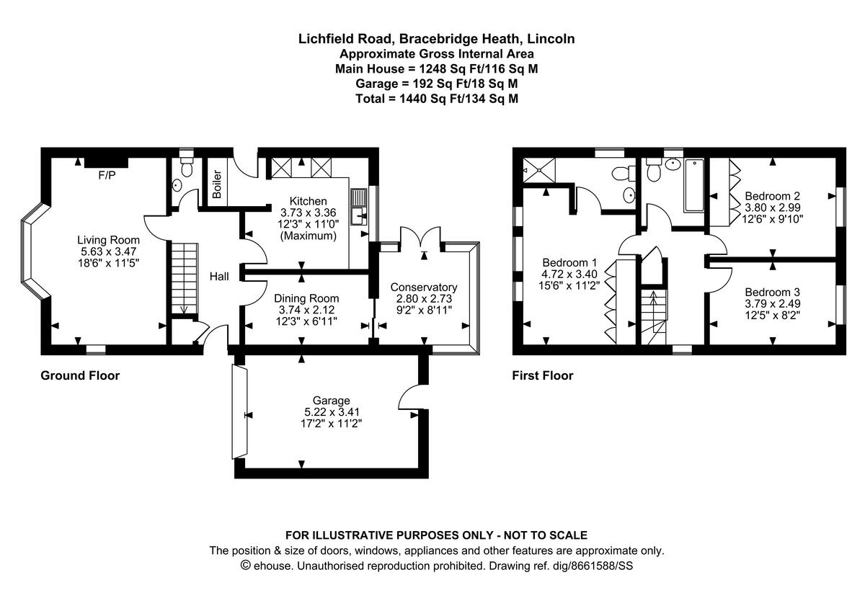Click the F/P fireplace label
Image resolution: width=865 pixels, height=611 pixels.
(x=106, y=174)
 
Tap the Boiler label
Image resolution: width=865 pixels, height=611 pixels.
(x=216, y=184)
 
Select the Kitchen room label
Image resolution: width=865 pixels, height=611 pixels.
(x=308, y=201)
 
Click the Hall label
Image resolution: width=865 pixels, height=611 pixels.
(x=219, y=276)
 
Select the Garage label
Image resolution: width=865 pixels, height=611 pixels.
(x=331, y=401)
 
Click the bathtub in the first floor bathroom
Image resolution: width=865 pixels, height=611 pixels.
(x=693, y=185)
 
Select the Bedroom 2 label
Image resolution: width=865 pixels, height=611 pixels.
(x=772, y=195)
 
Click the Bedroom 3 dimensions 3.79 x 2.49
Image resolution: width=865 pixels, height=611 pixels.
(x=772, y=303)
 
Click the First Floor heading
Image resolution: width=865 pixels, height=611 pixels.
(x=542, y=375)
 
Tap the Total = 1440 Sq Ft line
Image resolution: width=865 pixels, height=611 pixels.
(x=437, y=99)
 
